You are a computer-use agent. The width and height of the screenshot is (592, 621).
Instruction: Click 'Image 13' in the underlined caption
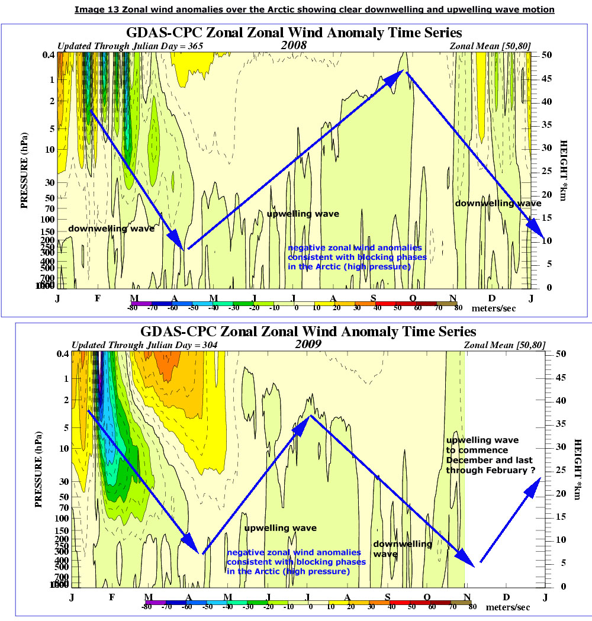[95, 10]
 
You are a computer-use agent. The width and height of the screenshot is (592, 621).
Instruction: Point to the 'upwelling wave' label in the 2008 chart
[303, 214]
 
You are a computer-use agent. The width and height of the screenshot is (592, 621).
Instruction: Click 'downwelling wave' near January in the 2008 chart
[111, 229]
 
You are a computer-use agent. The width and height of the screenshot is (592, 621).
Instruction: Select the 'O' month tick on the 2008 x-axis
[413, 298]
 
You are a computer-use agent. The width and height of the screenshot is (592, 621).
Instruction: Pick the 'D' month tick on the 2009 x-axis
[506, 597]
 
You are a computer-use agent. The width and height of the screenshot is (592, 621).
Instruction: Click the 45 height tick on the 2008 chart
[548, 78]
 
